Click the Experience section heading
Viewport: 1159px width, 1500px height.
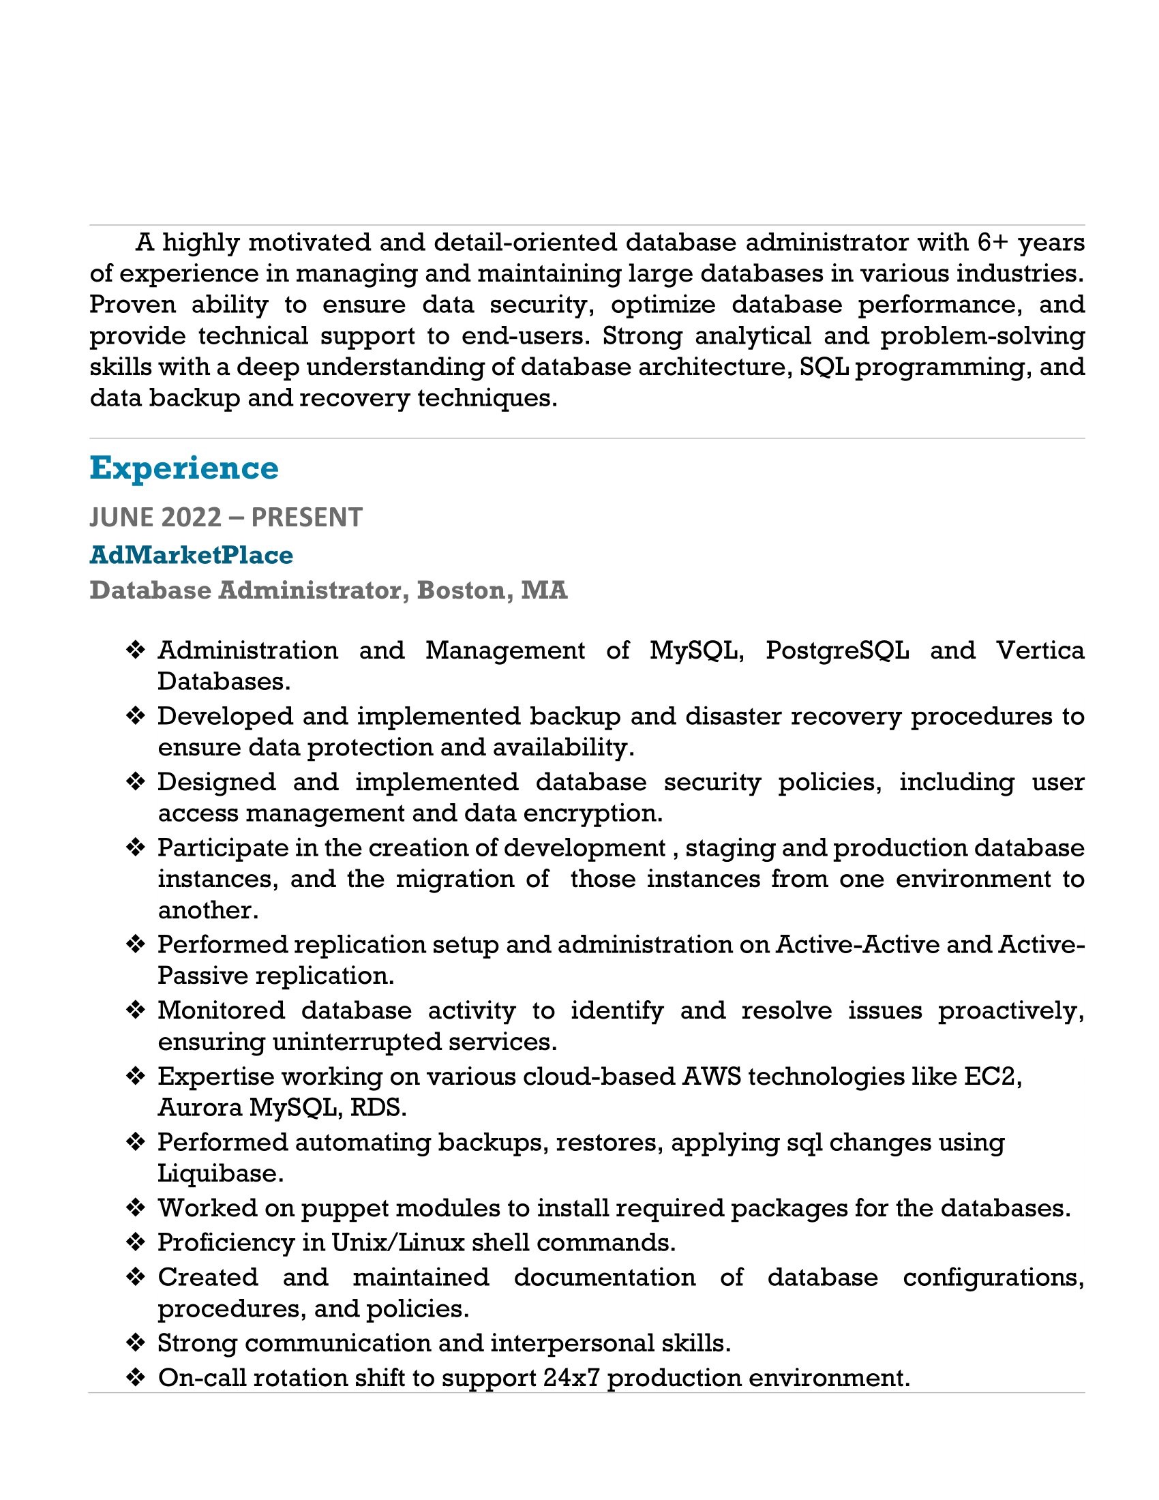(x=184, y=468)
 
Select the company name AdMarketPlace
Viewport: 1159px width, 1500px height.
(x=191, y=555)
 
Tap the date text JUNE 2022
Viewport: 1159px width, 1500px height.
(x=155, y=517)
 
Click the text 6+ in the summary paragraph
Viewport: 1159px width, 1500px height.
(x=992, y=243)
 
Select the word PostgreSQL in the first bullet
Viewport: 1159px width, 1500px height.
(x=837, y=650)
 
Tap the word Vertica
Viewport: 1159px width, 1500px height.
(x=1040, y=650)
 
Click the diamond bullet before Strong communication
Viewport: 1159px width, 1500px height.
(x=136, y=1342)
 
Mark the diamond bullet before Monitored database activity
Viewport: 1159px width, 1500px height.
(x=136, y=1010)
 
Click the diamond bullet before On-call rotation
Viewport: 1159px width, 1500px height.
(x=136, y=1378)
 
